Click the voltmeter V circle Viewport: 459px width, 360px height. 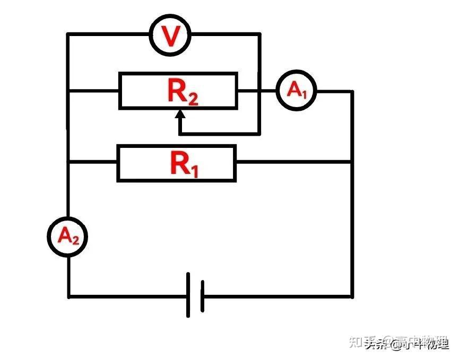[x=170, y=35]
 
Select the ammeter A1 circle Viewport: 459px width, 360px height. [x=295, y=91]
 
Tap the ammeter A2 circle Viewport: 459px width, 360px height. [x=67, y=236]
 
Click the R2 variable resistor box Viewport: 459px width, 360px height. [x=178, y=91]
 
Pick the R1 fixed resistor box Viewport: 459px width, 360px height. [x=176, y=164]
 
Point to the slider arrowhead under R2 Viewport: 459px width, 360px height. [x=180, y=113]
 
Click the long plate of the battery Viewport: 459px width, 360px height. [x=188, y=295]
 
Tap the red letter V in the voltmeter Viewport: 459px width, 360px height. [x=170, y=36]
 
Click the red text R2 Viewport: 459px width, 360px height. [x=182, y=92]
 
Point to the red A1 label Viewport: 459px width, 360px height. [x=297, y=91]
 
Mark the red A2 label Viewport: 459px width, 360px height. [x=68, y=236]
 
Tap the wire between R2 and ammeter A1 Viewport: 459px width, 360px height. [x=256, y=91]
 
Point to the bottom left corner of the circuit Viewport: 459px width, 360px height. [x=68, y=296]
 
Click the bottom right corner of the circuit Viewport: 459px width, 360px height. [x=351, y=296]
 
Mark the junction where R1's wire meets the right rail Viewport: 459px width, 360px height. [x=351, y=162]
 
